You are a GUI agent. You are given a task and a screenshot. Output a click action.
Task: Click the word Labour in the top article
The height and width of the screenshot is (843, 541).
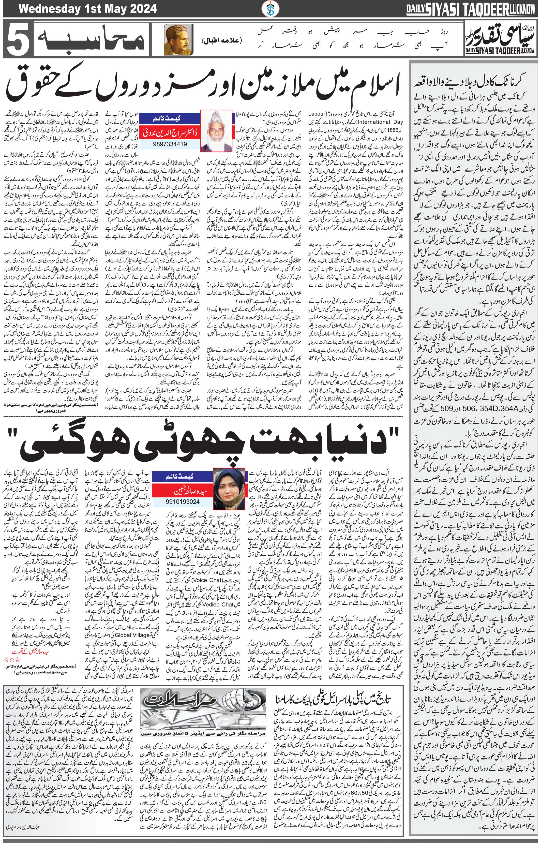click(x=317, y=115)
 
